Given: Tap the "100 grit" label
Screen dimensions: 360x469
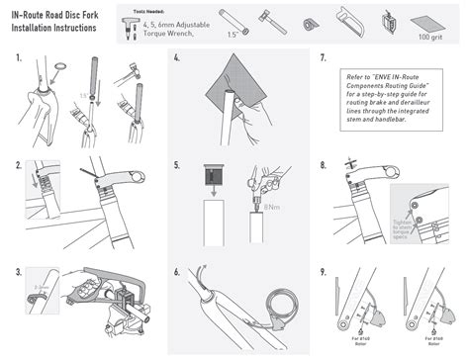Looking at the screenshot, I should point(429,37).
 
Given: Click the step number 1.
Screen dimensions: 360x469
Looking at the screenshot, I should point(20,59).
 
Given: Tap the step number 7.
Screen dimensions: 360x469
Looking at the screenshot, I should point(325,59).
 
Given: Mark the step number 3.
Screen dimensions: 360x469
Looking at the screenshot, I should point(20,271).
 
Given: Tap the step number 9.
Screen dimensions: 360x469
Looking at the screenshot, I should point(325,271).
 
